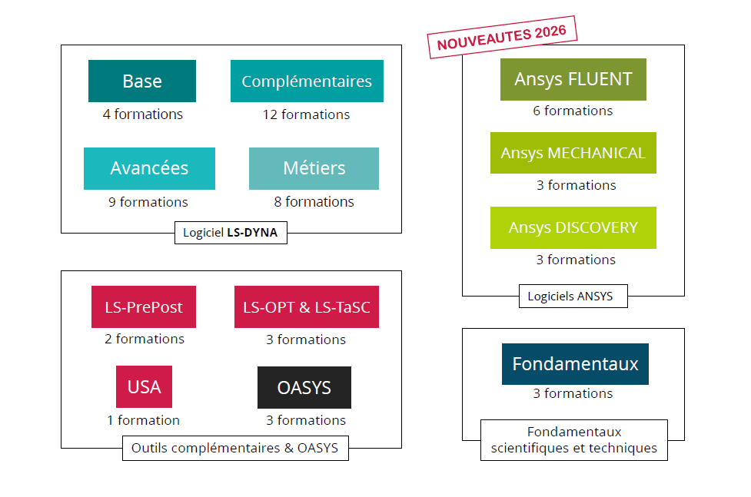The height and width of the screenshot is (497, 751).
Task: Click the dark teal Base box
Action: pyautogui.click(x=142, y=81)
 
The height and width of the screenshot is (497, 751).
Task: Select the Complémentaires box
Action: pyautogui.click(x=307, y=81)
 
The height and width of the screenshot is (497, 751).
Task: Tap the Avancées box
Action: pyautogui.click(x=149, y=168)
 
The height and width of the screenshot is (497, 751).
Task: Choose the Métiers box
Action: pyautogui.click(x=314, y=168)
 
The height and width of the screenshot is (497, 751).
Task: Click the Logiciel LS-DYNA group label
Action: pyautogui.click(x=231, y=233)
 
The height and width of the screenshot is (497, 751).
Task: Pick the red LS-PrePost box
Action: pyautogui.click(x=144, y=307)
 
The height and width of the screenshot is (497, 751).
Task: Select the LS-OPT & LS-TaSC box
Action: pyautogui.click(x=306, y=307)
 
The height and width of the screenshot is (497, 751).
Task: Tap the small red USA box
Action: pyautogui.click(x=144, y=387)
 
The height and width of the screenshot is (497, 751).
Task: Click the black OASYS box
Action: pyautogui.click(x=304, y=387)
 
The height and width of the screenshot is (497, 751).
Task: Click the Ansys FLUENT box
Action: pyautogui.click(x=573, y=79)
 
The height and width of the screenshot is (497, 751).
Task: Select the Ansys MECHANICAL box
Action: pyautogui.click(x=573, y=153)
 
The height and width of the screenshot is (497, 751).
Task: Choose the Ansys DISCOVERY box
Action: pyautogui.click(x=573, y=227)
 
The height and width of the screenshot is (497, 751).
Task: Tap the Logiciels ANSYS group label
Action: pyautogui.click(x=570, y=296)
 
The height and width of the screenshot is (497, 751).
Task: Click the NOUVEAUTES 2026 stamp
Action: pyautogui.click(x=502, y=36)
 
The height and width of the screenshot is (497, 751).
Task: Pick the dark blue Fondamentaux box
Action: pyautogui.click(x=575, y=364)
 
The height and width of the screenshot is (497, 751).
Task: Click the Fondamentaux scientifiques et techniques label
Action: pyautogui.click(x=574, y=440)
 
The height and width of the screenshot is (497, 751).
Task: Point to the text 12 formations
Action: pyautogui.click(x=306, y=114)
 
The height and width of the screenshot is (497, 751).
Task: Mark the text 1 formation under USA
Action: pyautogui.click(x=143, y=420)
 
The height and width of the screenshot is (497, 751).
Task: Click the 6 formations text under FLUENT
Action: pyautogui.click(x=573, y=111)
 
